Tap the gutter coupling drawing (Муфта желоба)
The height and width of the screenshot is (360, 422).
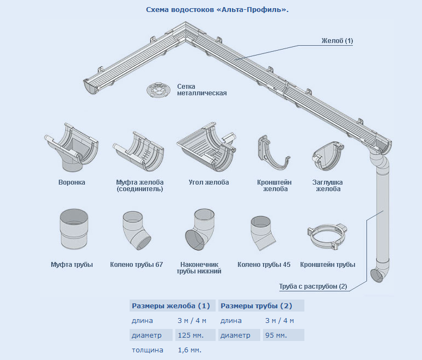tap(138, 152)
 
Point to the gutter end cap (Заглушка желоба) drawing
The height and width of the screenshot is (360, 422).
tap(328, 156)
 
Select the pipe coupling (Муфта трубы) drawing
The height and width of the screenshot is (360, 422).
tap(74, 229)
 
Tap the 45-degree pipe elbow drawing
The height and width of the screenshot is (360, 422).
tap(263, 233)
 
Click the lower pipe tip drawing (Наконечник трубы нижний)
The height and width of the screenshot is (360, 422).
tap(200, 229)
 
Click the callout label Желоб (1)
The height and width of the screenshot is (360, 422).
tap(337, 41)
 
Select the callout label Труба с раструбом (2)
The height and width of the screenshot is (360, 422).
tap(313, 286)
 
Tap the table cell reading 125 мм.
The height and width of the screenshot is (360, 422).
tap(191, 335)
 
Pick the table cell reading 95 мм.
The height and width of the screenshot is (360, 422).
tap(276, 335)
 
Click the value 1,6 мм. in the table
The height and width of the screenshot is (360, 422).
tap(189, 350)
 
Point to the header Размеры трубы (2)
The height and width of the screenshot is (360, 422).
tap(256, 306)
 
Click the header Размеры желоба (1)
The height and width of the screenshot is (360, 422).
tap(171, 306)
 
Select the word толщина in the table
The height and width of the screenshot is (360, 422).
tap(148, 350)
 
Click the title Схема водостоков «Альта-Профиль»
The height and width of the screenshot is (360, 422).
tap(217, 10)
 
